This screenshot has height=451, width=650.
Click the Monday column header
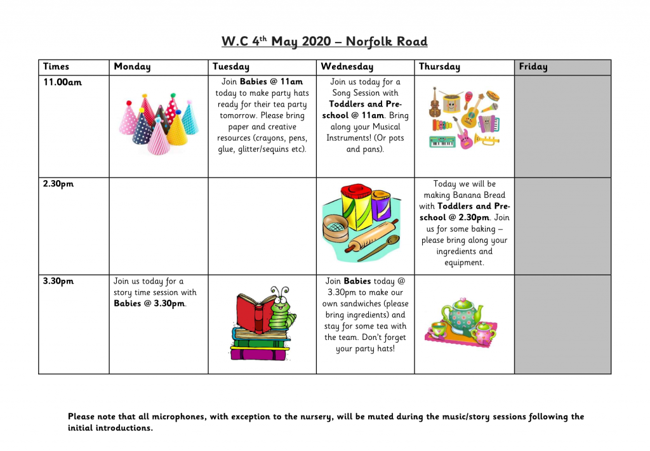[x=132, y=67]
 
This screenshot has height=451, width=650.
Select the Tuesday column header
[x=231, y=67]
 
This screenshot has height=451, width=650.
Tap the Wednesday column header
[x=347, y=67]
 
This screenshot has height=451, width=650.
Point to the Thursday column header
[x=439, y=67]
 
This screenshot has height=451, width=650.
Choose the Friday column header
[x=533, y=67]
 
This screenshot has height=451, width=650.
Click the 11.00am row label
[x=62, y=82]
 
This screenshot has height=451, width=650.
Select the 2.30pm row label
[x=58, y=184]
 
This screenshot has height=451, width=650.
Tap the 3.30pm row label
[x=58, y=281]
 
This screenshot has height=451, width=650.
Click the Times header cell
[x=56, y=67]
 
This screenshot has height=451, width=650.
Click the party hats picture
[x=159, y=124]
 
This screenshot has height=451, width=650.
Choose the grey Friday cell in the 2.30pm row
[x=562, y=226]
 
